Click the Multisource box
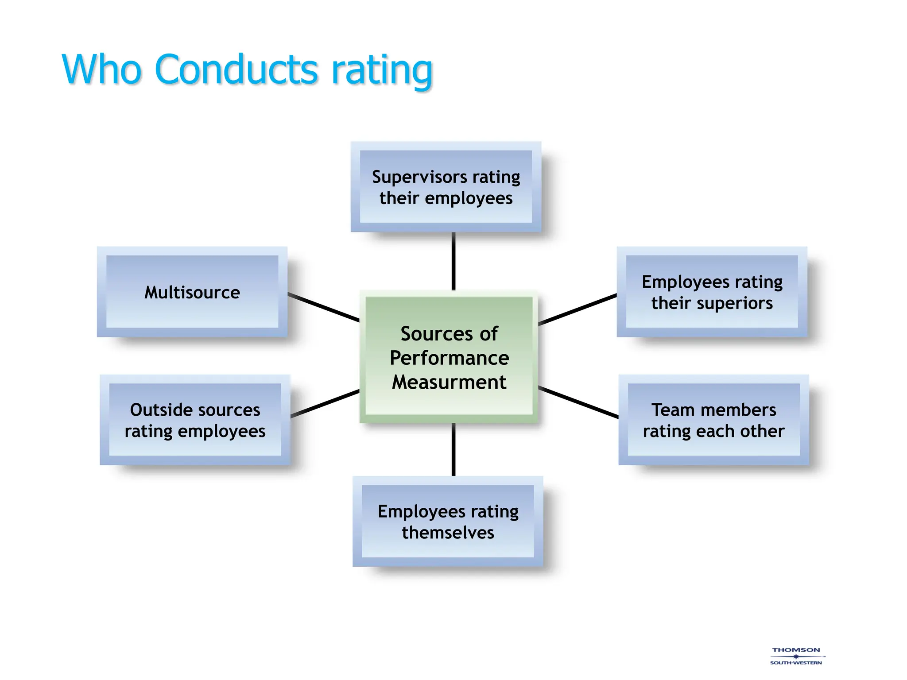tap(192, 292)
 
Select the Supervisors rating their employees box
tap(446, 187)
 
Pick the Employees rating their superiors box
tap(712, 292)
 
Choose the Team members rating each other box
tap(713, 420)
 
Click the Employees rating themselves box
tap(448, 522)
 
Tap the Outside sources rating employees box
tap(195, 420)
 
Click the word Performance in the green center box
tap(449, 358)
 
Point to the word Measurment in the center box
tap(449, 382)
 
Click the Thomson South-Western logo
tap(796, 656)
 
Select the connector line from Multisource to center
tap(323, 307)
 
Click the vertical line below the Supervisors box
tap(453, 261)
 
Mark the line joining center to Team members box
tap(578, 402)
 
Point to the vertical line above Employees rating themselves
tap(453, 449)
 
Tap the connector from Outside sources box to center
tap(325, 403)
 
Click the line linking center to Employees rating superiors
tap(577, 309)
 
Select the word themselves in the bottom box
tap(448, 533)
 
